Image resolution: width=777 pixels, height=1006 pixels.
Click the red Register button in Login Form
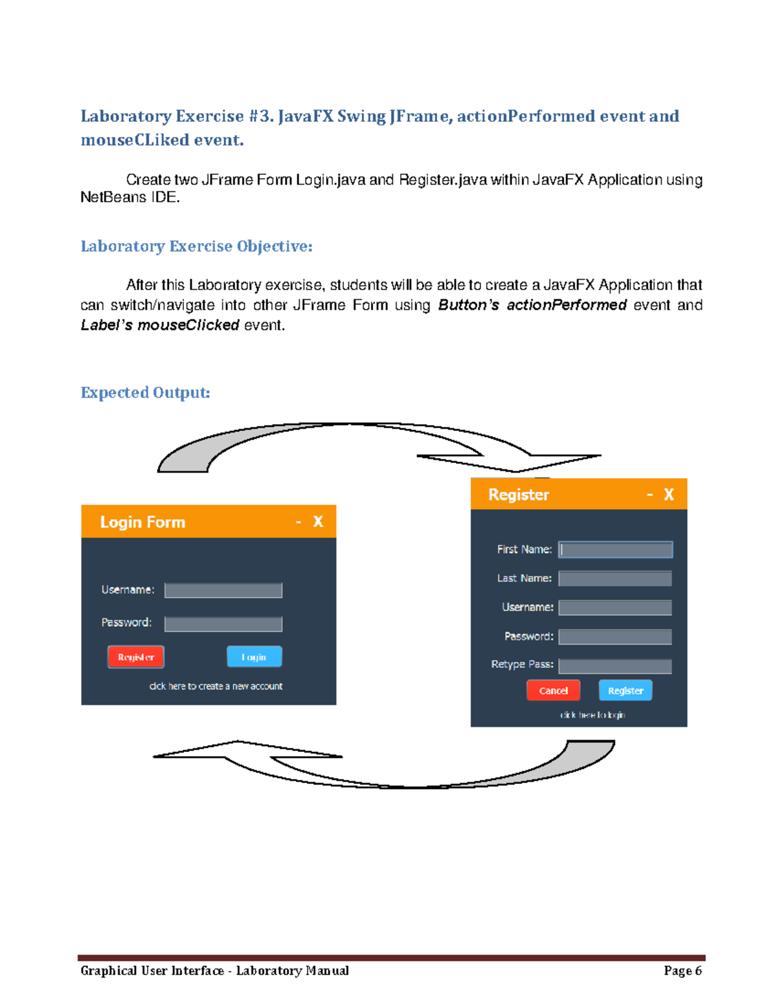tap(135, 657)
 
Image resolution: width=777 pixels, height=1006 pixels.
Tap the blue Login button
tap(254, 657)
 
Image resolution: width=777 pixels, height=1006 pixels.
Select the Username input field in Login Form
tap(223, 590)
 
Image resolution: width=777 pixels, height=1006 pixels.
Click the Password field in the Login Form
tap(223, 624)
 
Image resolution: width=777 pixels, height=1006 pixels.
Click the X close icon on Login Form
tap(318, 521)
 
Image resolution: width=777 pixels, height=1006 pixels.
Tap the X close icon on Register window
tap(669, 495)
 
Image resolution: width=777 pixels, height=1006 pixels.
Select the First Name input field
tap(615, 550)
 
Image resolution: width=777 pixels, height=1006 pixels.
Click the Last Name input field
tap(615, 578)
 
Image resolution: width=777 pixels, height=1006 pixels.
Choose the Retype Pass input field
tap(615, 666)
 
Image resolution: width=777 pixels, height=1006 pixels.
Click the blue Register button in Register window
tap(625, 691)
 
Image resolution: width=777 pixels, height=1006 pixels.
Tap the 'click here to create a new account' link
tap(216, 686)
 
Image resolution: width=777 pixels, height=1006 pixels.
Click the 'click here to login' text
tap(592, 715)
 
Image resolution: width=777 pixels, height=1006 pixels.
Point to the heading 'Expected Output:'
tap(145, 393)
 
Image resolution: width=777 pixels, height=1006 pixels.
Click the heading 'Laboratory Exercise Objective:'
tap(196, 246)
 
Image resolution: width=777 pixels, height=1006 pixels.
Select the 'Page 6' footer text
tap(682, 970)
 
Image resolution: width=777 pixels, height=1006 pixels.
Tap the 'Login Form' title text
tap(142, 522)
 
